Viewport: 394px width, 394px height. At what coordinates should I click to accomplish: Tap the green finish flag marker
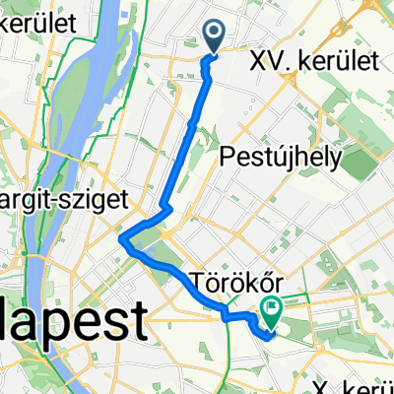[271, 312]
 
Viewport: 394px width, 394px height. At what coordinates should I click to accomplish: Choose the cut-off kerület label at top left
[23, 21]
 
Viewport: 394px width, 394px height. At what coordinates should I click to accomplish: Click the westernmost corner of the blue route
[120, 238]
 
